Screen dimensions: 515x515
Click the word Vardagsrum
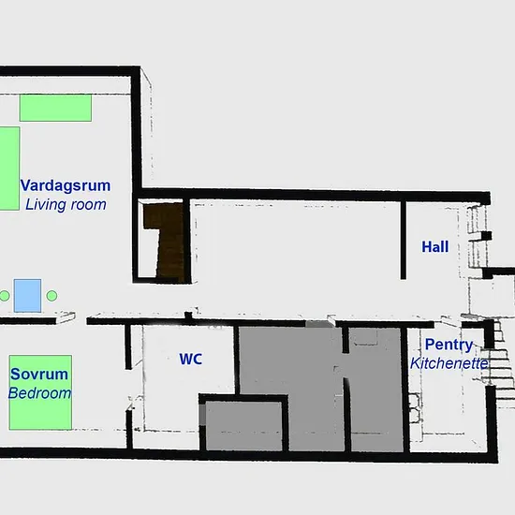click(x=66, y=185)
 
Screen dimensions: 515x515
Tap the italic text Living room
click(x=66, y=205)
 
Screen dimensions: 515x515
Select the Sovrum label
click(x=39, y=375)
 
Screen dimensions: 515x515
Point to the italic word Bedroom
click(x=39, y=393)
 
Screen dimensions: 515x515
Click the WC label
click(x=190, y=359)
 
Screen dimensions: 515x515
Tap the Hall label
click(x=434, y=247)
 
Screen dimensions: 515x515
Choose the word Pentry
click(x=449, y=345)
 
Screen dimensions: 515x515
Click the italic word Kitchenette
click(x=449, y=363)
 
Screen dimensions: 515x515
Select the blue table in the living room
click(x=27, y=296)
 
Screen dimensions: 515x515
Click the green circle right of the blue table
click(x=51, y=296)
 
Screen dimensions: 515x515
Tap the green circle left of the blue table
click(x=5, y=296)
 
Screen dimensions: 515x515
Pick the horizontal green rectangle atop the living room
click(x=55, y=108)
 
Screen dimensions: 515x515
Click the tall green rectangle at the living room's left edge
click(x=9, y=169)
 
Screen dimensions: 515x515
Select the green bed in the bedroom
click(x=40, y=392)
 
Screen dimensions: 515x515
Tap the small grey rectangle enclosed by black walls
click(x=243, y=426)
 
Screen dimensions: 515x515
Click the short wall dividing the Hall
click(x=404, y=240)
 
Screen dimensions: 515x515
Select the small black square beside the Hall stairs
click(x=486, y=236)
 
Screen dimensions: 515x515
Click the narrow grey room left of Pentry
click(x=376, y=390)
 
